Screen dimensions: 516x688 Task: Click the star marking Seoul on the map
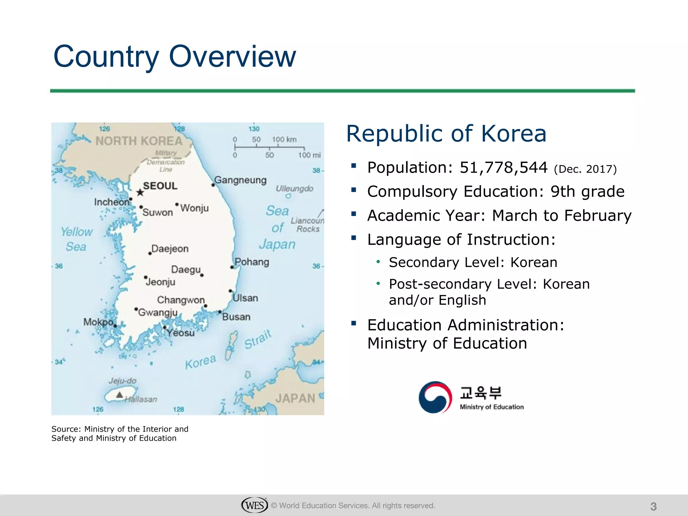(140, 192)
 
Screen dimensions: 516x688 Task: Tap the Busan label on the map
(236, 317)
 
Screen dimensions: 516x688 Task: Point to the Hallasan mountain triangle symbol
(119, 395)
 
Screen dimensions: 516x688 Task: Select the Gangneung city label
(241, 180)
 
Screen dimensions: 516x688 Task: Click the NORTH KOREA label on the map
(139, 141)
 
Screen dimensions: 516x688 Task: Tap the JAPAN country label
(295, 398)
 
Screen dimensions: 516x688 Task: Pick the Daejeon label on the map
(170, 249)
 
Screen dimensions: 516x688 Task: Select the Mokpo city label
(98, 322)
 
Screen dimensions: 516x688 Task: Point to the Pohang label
(252, 262)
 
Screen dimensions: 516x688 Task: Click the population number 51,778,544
(504, 168)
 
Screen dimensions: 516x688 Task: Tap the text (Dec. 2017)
(585, 169)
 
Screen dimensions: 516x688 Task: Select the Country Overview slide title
(175, 56)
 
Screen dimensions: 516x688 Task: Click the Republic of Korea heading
(446, 134)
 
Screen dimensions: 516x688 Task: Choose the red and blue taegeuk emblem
(435, 397)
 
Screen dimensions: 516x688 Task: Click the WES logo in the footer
(254, 505)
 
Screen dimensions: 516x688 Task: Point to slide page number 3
(653, 506)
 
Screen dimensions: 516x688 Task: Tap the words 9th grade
(587, 191)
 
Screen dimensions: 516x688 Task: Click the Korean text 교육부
(480, 392)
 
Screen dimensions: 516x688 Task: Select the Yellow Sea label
(77, 239)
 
